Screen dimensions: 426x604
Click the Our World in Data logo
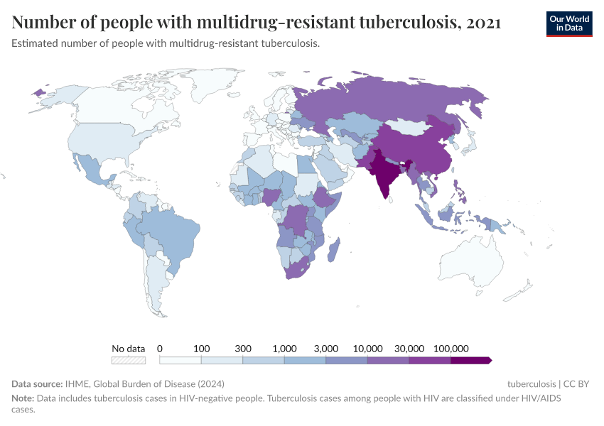pyautogui.click(x=568, y=23)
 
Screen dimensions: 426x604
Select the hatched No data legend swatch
pyautogui.click(x=129, y=361)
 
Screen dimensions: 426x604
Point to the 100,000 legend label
pyautogui.click(x=451, y=349)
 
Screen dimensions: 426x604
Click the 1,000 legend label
pyautogui.click(x=284, y=349)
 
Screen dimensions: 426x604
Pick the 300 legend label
pyautogui.click(x=243, y=349)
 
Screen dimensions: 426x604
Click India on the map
pyautogui.click(x=384, y=174)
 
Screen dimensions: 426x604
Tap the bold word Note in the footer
pyautogui.click(x=22, y=398)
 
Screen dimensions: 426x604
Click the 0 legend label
pyautogui.click(x=160, y=349)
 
